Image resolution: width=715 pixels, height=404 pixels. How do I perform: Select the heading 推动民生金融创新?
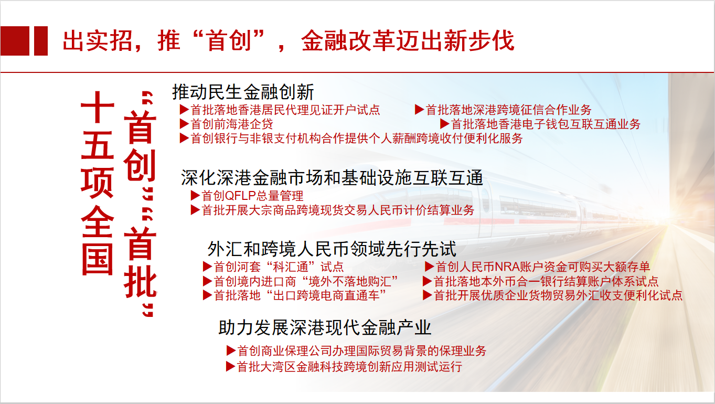tap(243, 92)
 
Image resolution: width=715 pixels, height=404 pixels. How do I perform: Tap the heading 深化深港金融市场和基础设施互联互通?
tap(332, 177)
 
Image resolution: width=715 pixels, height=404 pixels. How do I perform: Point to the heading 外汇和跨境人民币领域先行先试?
tap(332, 248)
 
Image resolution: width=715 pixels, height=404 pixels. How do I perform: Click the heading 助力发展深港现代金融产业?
tap(325, 328)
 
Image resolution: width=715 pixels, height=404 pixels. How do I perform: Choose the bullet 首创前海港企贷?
tap(231, 124)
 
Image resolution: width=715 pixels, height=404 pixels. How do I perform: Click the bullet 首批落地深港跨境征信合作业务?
tap(508, 110)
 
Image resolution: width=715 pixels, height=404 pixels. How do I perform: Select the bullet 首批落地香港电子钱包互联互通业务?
tap(546, 124)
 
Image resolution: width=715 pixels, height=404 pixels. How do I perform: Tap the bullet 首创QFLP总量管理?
tap(252, 196)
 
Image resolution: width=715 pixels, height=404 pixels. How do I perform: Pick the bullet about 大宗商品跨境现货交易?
tap(338, 210)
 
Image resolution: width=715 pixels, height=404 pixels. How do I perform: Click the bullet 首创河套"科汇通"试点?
tap(279, 267)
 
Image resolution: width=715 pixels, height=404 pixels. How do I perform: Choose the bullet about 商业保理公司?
tap(361, 351)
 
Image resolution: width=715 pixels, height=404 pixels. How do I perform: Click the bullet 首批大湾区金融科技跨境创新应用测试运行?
tap(349, 366)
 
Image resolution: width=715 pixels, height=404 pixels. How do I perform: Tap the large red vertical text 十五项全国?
tap(98, 184)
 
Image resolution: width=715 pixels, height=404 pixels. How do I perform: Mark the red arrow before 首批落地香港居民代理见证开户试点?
tap(184, 110)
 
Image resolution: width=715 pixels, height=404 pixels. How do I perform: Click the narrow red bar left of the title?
tap(41, 41)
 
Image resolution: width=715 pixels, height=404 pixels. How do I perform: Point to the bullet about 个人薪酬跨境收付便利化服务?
tap(356, 139)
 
